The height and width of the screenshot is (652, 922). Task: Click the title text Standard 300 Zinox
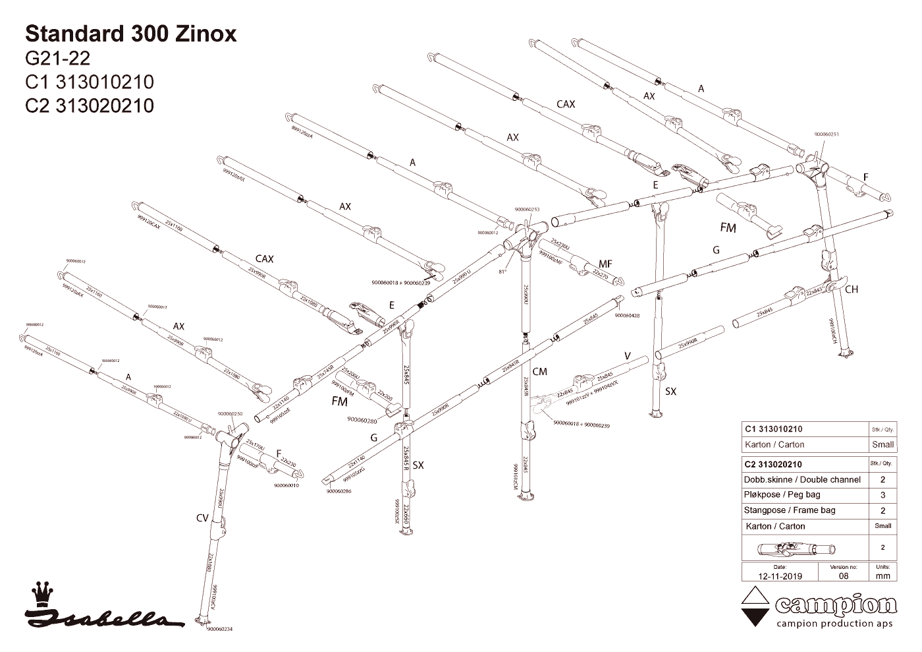(x=130, y=34)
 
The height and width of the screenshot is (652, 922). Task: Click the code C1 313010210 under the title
(x=89, y=82)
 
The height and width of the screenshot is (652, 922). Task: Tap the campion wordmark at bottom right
(x=836, y=605)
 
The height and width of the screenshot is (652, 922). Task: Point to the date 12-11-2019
(x=780, y=576)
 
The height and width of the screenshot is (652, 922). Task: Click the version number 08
(x=844, y=576)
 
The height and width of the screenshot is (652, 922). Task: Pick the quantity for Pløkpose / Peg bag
(x=882, y=495)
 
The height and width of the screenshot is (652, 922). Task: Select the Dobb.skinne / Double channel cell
(x=801, y=479)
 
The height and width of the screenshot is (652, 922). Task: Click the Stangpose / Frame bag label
(x=790, y=510)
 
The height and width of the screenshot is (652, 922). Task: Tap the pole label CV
(x=202, y=518)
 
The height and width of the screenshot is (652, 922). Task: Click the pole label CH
(x=852, y=289)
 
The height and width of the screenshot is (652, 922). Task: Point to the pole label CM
(x=539, y=372)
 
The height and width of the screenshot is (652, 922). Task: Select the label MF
(x=605, y=264)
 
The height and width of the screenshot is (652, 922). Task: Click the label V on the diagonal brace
(x=628, y=356)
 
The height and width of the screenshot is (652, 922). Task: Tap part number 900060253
(x=527, y=209)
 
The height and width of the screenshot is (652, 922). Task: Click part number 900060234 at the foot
(x=219, y=629)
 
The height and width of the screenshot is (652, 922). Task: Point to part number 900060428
(x=627, y=316)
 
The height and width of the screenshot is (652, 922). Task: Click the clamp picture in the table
(x=796, y=548)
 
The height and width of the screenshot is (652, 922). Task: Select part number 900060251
(x=827, y=134)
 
